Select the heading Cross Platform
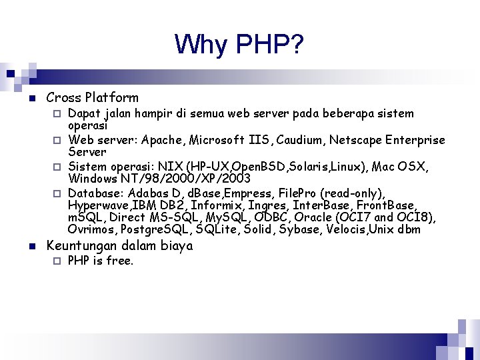[x=92, y=97]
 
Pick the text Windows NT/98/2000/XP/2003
[x=159, y=178]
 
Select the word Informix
[x=217, y=205]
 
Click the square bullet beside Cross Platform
[x=31, y=98]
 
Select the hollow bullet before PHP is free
[x=57, y=261]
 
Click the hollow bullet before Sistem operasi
[x=57, y=166]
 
